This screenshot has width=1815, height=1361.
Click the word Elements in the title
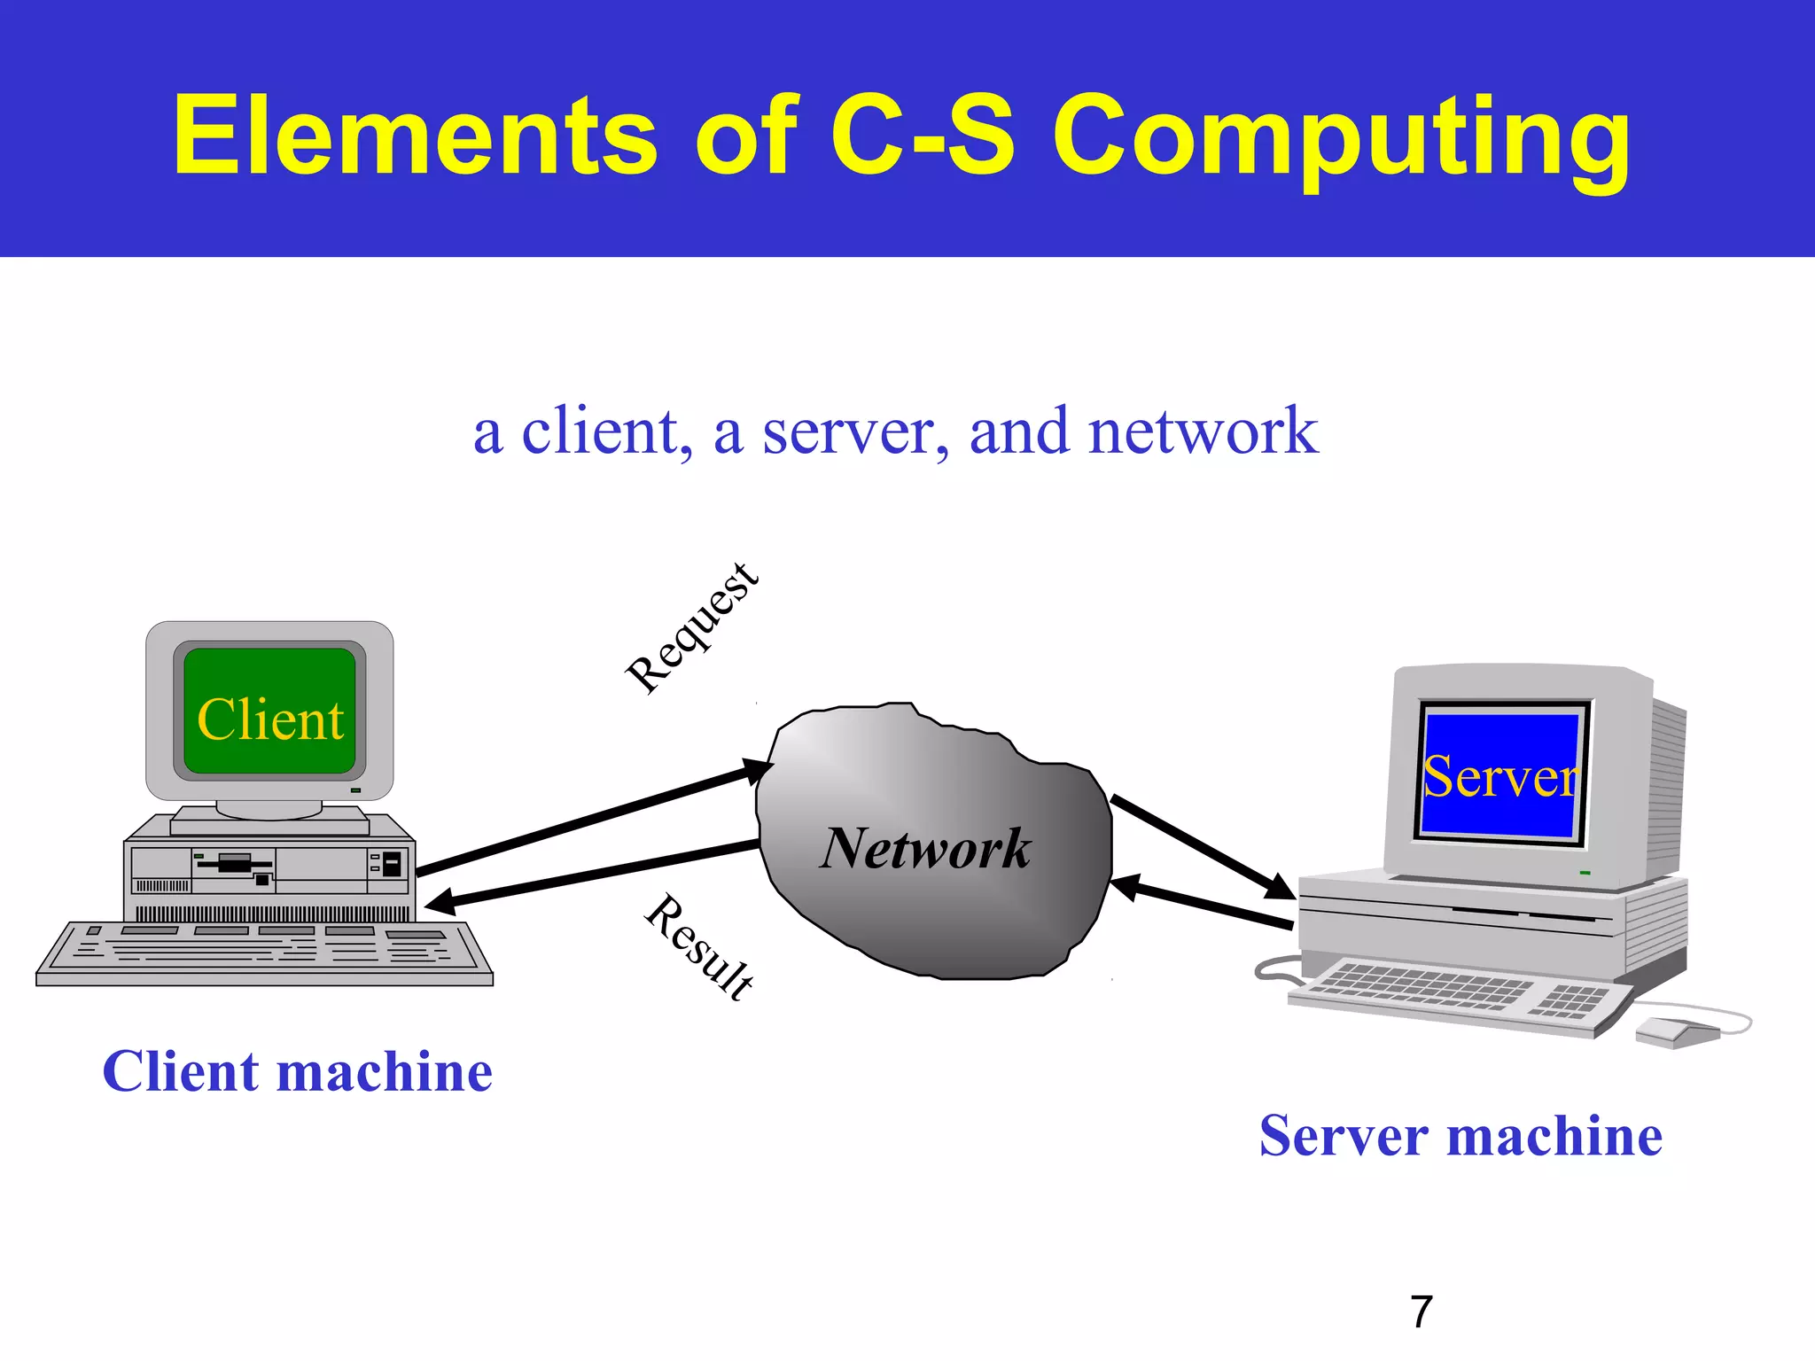click(415, 135)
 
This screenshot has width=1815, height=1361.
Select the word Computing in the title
click(1341, 137)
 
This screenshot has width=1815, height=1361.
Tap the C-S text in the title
click(922, 135)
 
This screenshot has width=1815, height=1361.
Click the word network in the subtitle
click(1203, 431)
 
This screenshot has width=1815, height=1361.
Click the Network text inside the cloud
click(925, 848)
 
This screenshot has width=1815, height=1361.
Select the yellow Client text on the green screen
click(269, 719)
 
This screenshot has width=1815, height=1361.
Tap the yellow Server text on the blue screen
click(1500, 777)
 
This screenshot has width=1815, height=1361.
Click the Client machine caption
click(297, 1071)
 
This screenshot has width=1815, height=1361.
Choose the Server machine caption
click(1461, 1136)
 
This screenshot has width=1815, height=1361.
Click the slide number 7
click(1422, 1311)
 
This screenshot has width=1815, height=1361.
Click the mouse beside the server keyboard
click(1675, 1031)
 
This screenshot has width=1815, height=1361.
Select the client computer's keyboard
click(264, 953)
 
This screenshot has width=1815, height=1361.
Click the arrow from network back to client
click(594, 874)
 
